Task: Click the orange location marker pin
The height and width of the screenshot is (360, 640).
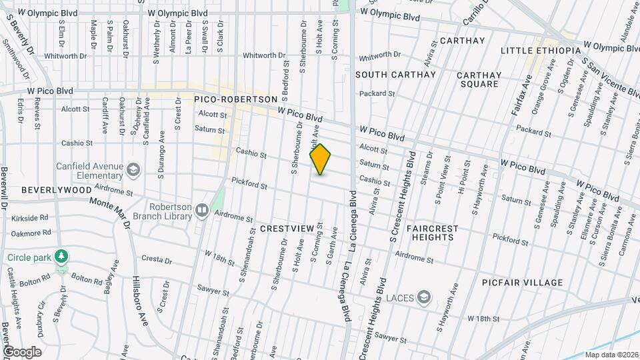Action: click(x=321, y=159)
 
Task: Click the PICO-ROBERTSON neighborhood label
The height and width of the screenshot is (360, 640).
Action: click(x=235, y=99)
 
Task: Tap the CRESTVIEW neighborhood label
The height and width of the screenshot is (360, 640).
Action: click(x=286, y=228)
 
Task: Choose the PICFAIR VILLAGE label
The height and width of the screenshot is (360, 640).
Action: click(x=523, y=283)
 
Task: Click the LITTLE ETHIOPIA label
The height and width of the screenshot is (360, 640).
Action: click(x=540, y=51)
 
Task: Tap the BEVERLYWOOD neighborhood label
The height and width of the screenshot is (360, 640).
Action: click(x=56, y=190)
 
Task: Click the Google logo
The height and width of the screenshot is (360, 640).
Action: click(x=22, y=351)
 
